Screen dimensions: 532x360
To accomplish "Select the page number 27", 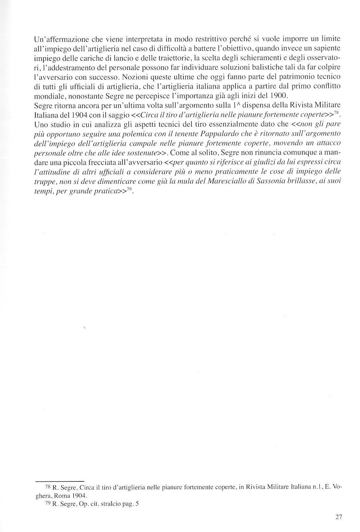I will point(339,516).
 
